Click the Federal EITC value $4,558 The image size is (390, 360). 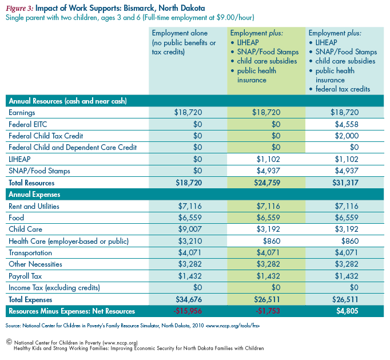click(x=347, y=124)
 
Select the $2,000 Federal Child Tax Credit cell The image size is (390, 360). click(x=347, y=136)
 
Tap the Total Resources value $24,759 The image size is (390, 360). click(x=267, y=183)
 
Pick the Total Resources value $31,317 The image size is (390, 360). click(x=345, y=183)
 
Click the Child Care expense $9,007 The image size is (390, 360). click(x=190, y=229)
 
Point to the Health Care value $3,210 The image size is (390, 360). click(x=190, y=241)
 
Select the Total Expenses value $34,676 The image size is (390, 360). click(x=189, y=299)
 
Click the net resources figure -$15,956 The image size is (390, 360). click(x=188, y=311)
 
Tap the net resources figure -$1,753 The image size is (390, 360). click(x=268, y=311)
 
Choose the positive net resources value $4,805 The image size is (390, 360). click(x=347, y=311)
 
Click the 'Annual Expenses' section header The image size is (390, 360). click(x=34, y=195)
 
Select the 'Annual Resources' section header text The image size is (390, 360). click(x=67, y=101)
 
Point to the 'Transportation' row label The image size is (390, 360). click(x=30, y=253)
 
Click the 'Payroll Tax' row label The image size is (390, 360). click(x=25, y=276)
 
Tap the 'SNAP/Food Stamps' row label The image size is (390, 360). click(x=39, y=171)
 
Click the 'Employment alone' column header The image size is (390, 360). click(x=180, y=33)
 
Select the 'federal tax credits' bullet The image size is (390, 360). click(x=343, y=89)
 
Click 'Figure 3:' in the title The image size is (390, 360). click(x=19, y=8)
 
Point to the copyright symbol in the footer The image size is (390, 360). click(x=9, y=342)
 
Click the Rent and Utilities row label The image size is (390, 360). click(x=34, y=206)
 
